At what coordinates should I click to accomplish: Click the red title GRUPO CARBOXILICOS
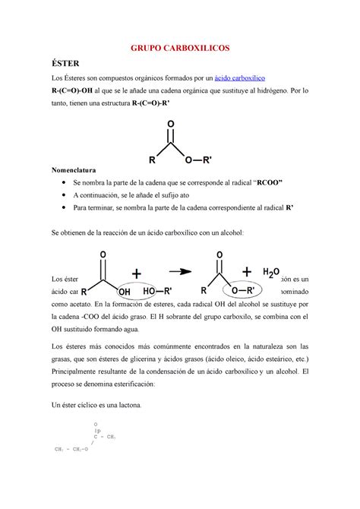180,47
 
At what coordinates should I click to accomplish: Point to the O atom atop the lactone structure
96,423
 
